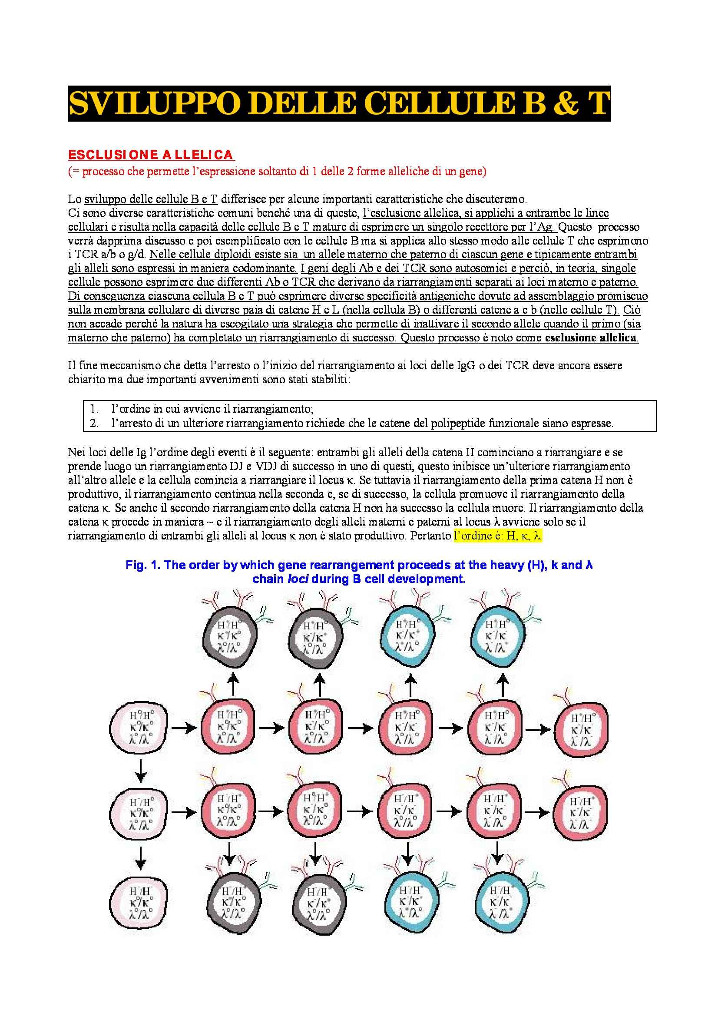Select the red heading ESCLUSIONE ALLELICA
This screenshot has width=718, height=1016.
[x=150, y=155]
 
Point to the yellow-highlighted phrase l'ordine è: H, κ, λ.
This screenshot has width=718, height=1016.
[x=498, y=536]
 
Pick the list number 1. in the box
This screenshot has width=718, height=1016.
[x=94, y=409]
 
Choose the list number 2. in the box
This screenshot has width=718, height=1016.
[x=94, y=423]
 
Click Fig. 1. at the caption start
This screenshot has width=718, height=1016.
[x=143, y=565]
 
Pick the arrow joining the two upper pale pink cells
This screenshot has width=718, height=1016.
[x=141, y=771]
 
